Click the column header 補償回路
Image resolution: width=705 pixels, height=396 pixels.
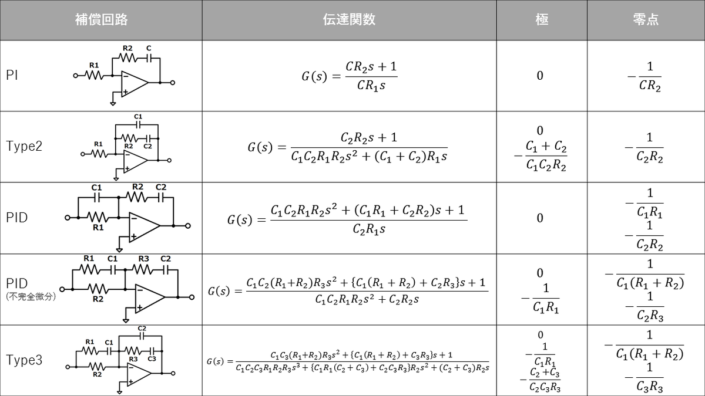(101, 20)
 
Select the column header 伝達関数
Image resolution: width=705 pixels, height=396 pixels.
(349, 20)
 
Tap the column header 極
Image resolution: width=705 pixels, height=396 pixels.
(542, 20)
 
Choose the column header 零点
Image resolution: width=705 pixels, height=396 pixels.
(646, 20)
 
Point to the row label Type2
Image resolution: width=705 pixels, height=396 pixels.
(24, 147)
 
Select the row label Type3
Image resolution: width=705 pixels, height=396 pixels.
(24, 360)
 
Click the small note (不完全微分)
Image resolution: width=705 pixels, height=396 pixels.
(31, 297)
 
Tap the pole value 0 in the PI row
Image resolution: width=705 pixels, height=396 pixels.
(540, 76)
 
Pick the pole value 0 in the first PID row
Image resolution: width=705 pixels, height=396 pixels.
(540, 218)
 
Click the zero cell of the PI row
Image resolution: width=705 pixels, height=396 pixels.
(645, 76)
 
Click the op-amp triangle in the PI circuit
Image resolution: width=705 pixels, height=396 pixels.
(134, 83)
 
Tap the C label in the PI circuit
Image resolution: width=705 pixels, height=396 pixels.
(148, 48)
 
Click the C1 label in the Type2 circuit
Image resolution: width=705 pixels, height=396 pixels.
(138, 117)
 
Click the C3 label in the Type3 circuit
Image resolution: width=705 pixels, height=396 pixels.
(152, 358)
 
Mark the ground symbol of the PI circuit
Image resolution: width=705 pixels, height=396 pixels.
(112, 103)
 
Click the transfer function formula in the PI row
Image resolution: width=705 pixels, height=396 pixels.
(349, 76)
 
